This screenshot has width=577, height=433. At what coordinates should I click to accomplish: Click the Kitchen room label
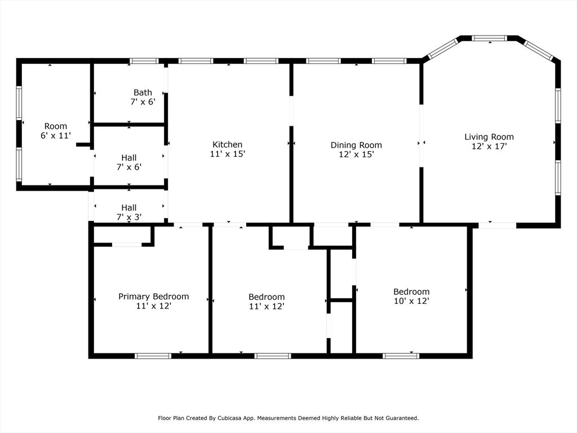[228, 144]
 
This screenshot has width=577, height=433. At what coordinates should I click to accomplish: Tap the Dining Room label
[356, 145]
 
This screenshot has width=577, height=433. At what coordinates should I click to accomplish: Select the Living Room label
[489, 137]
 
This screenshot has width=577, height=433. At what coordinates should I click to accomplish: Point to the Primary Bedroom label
[153, 297]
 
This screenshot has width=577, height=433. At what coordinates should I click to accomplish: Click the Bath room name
[143, 92]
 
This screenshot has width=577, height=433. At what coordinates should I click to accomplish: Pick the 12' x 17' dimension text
[490, 146]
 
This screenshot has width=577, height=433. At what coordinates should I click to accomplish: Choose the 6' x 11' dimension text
[56, 135]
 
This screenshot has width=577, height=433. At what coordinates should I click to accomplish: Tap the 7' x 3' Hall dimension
[129, 217]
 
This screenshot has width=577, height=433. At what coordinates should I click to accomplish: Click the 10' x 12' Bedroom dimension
[411, 301]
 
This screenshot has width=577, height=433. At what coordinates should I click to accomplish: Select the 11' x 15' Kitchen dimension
[228, 154]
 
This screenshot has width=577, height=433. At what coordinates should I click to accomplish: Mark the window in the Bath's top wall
[144, 61]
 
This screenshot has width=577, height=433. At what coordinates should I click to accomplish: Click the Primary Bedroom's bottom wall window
[153, 356]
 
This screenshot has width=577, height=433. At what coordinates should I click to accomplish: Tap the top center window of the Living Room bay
[490, 38]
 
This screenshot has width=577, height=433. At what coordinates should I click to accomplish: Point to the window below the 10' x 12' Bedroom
[401, 356]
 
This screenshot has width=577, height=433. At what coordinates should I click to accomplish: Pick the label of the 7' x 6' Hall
[129, 158]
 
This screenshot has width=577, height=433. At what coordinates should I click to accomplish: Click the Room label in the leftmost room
[56, 126]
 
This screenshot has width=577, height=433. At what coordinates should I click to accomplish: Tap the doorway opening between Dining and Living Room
[421, 136]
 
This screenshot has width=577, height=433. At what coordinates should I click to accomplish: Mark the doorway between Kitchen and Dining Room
[291, 111]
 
